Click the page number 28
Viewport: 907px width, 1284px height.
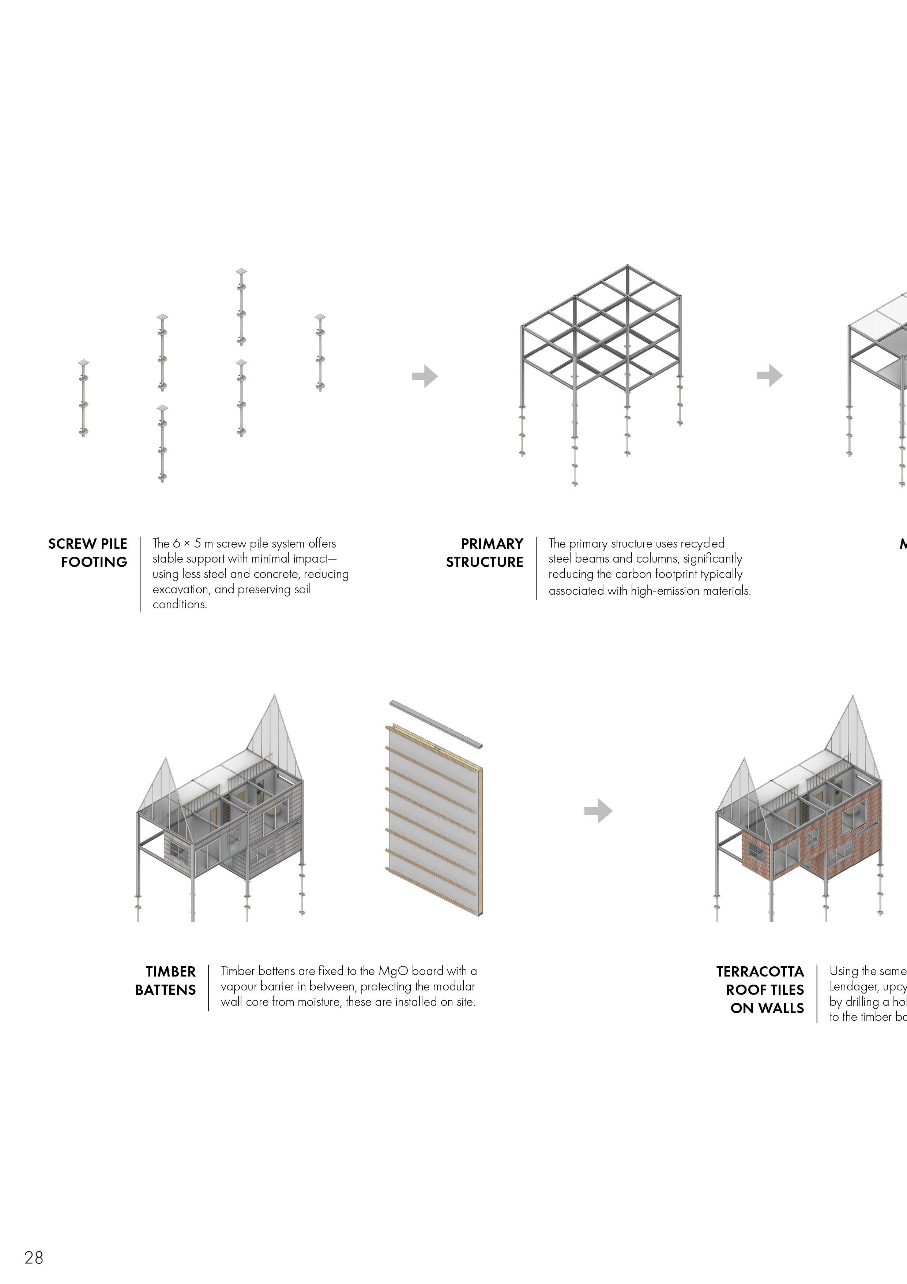click(34, 1257)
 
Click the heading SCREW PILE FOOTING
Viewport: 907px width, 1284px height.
click(88, 553)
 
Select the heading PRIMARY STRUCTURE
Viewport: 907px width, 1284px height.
click(485, 553)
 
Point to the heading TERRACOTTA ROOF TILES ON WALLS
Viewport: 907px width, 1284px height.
click(761, 989)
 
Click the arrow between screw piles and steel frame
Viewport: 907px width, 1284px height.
click(425, 376)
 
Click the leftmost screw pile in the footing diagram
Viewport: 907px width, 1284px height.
click(84, 398)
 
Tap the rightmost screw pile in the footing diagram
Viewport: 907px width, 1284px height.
click(320, 352)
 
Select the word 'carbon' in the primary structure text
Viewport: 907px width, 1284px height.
click(633, 574)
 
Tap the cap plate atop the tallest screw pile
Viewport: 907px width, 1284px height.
click(241, 272)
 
